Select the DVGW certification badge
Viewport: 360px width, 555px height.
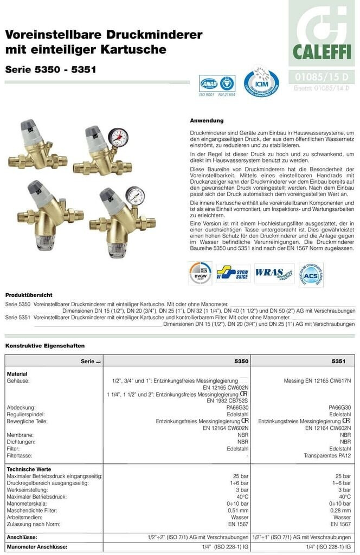(200, 273)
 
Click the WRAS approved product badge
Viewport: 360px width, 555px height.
(274, 273)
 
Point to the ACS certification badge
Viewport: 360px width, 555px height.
(311, 274)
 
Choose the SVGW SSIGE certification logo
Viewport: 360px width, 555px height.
(233, 273)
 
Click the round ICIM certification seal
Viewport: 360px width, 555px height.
(261, 82)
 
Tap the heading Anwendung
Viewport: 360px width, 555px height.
(207, 120)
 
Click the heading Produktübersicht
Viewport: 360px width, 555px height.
(29, 295)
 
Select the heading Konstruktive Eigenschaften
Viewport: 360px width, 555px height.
(45, 345)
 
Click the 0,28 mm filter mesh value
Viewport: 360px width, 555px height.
(341, 511)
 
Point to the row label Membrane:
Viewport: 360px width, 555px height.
(21, 435)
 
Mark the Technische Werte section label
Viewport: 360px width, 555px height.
(29, 469)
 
